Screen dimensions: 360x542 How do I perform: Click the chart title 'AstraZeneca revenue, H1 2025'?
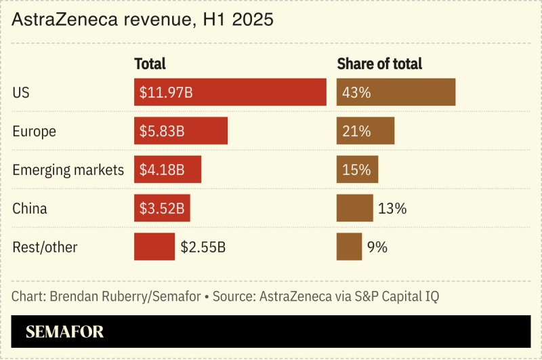coord(142,20)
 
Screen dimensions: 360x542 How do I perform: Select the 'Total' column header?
coord(150,64)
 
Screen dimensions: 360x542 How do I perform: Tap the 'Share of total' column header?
coord(379,64)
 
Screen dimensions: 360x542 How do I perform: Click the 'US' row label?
coord(21,92)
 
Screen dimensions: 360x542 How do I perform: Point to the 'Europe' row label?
coord(34,131)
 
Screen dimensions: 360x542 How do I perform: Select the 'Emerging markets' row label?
coord(68,169)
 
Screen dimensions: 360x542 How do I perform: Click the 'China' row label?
coord(30,208)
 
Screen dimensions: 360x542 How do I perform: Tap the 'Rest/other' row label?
coord(45,247)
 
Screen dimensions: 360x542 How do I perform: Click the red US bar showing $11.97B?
coord(230,92)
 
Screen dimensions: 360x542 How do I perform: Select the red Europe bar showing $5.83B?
coord(181,131)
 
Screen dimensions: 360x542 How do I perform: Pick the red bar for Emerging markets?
coord(167,169)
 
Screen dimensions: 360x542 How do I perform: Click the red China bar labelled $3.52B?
coord(162,208)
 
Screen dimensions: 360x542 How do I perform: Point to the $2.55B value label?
coord(203,247)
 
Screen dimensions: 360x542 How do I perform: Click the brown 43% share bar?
coord(396,92)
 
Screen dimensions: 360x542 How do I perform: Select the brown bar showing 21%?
coord(365,131)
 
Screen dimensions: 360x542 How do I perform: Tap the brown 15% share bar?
coord(357,169)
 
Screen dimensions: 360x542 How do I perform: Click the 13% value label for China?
coord(392,208)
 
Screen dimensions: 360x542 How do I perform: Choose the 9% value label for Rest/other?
coord(377,247)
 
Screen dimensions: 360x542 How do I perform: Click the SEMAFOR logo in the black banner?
coord(64,332)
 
